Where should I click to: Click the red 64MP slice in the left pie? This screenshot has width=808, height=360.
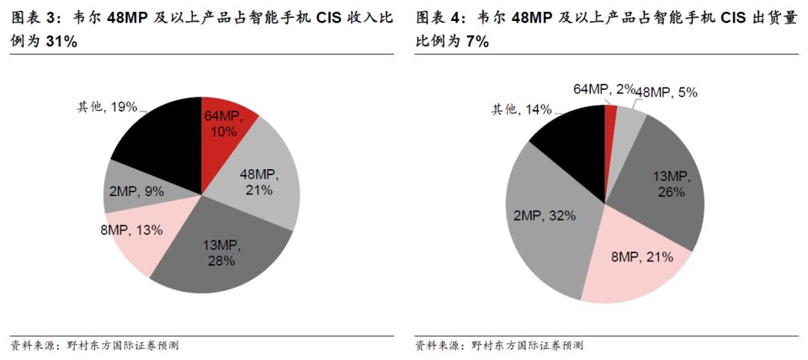click(224, 123)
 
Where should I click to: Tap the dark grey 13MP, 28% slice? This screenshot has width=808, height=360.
click(224, 251)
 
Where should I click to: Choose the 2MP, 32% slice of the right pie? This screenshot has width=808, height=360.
click(542, 217)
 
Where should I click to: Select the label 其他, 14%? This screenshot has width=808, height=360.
click(521, 110)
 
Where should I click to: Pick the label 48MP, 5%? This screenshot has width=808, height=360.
click(667, 93)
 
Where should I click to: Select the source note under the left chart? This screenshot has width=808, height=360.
click(94, 346)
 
